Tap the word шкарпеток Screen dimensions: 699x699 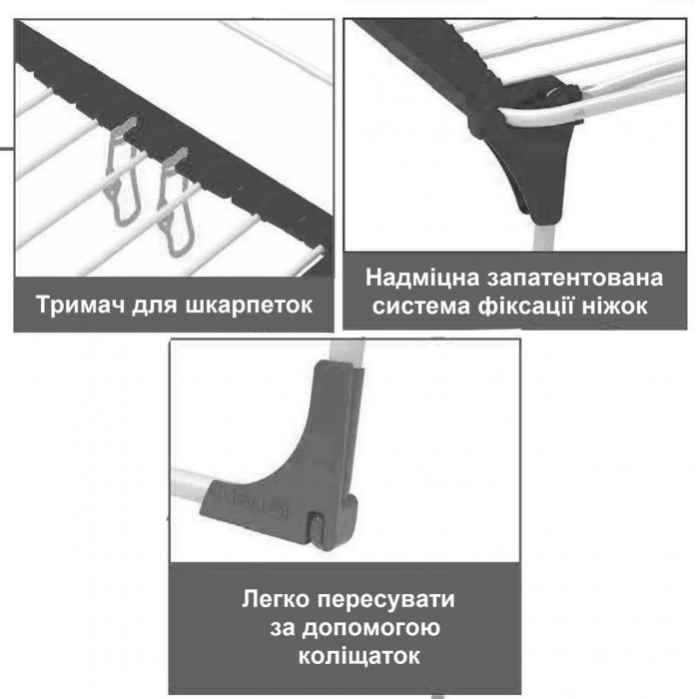[x=249, y=306]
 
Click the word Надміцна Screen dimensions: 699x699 [x=422, y=279]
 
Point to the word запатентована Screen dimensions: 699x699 [x=574, y=279]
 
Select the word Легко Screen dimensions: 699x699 [x=276, y=599]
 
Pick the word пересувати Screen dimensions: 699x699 [x=386, y=600]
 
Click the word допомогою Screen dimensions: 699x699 [x=370, y=628]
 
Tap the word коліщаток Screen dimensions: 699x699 [x=359, y=656]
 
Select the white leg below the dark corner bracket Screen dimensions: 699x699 [x=544, y=236]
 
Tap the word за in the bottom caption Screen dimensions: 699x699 [x=283, y=628]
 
